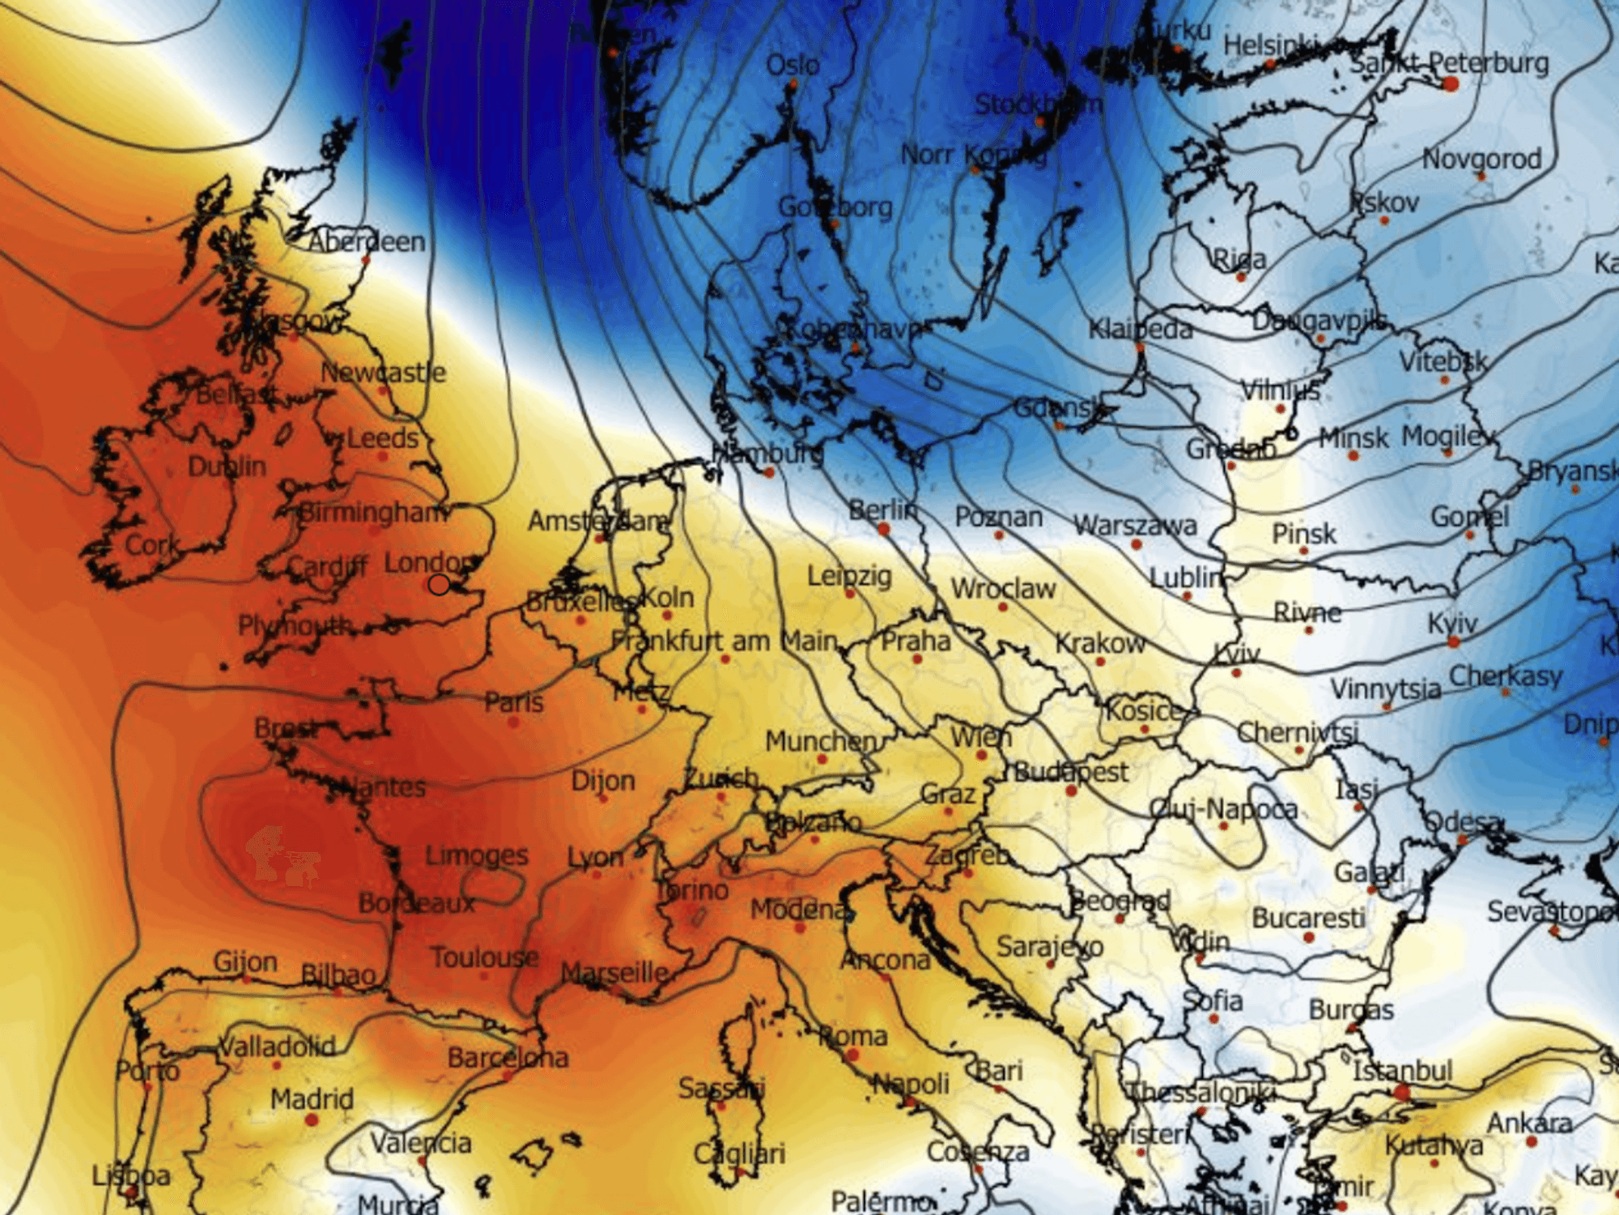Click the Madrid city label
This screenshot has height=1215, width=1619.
[x=312, y=1098]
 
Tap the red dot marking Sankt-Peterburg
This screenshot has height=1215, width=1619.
[x=1450, y=83]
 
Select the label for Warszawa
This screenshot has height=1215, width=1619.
[x=1135, y=525]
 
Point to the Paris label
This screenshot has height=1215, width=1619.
[x=514, y=701]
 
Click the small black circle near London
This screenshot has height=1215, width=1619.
[x=439, y=584]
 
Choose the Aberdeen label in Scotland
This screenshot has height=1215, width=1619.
[x=367, y=241]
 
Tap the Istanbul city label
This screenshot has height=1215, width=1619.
[x=1402, y=1071]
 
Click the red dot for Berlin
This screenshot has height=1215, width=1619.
[x=883, y=530]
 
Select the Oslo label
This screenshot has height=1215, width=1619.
[x=793, y=65]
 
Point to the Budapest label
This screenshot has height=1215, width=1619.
[x=1070, y=771]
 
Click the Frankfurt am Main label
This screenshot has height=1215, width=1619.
[x=724, y=641]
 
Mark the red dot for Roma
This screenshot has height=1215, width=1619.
[x=852, y=1055]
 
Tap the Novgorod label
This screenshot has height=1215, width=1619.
[x=1481, y=159]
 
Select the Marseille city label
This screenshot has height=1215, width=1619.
[x=615, y=972]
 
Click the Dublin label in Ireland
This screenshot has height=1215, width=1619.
[x=227, y=466]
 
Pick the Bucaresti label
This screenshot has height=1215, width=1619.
[x=1308, y=918]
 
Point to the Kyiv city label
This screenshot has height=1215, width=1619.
[x=1452, y=623]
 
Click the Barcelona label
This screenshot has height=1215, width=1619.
[x=508, y=1057]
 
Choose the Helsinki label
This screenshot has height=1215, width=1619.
[x=1270, y=45]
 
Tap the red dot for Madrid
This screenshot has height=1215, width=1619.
[x=312, y=1120]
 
